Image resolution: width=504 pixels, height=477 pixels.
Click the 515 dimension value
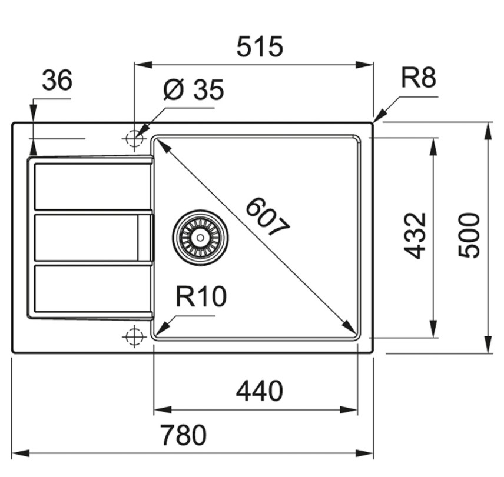(260, 46)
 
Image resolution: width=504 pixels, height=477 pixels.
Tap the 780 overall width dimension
(184, 435)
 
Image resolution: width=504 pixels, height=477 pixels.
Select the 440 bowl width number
(260, 391)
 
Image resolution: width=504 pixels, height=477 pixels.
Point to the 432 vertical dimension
(415, 236)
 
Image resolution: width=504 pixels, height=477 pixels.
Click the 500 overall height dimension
(469, 235)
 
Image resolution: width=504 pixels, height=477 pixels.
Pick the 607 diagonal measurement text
(267, 217)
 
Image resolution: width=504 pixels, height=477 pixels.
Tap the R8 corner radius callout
(419, 78)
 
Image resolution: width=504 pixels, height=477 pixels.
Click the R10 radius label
(201, 296)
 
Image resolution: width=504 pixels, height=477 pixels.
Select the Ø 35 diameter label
(193, 90)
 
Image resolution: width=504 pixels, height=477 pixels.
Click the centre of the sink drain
(200, 238)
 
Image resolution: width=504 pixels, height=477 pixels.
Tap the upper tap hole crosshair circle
(134, 139)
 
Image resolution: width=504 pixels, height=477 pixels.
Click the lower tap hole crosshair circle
(134, 336)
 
